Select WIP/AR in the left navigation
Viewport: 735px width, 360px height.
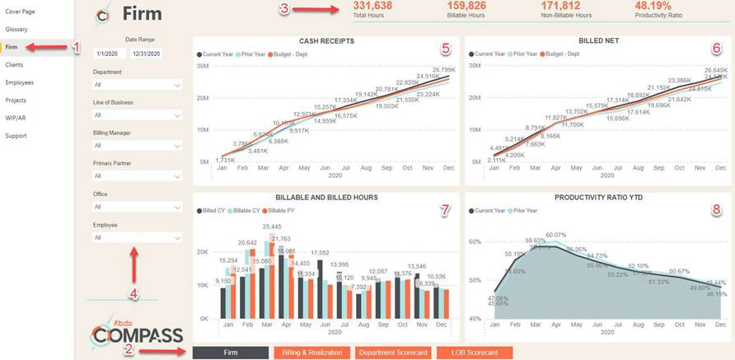click(16, 118)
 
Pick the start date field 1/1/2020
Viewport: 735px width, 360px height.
click(108, 54)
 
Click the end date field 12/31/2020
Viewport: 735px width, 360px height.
click(146, 54)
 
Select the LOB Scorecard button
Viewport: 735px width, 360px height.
click(474, 353)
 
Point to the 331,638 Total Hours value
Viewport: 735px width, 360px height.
click(372, 6)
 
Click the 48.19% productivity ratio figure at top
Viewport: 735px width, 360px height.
click(653, 6)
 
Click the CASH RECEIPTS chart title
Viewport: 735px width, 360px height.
click(326, 40)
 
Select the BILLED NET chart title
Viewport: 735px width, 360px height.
click(599, 40)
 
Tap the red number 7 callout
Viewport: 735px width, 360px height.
click(445, 210)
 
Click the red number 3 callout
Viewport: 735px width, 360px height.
click(284, 9)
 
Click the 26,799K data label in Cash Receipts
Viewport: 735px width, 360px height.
click(443, 70)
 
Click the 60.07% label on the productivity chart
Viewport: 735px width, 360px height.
click(555, 235)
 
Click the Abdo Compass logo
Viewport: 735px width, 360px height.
click(137, 331)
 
